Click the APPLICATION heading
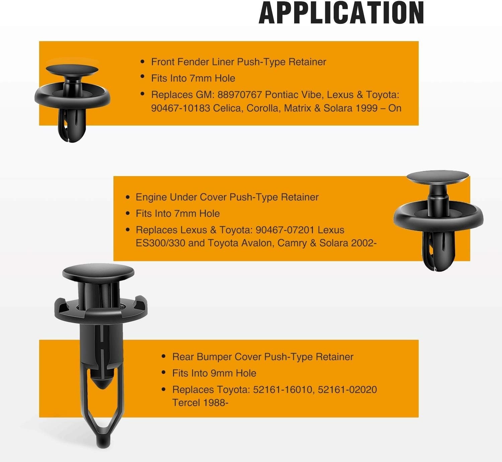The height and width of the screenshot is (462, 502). point(341,12)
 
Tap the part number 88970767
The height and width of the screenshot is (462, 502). point(240,95)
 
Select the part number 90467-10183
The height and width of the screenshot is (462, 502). point(180,108)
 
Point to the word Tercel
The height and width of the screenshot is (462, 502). point(186,403)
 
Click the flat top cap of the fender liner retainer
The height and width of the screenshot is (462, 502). point(72,69)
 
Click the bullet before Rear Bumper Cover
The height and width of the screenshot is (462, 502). point(164,356)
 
